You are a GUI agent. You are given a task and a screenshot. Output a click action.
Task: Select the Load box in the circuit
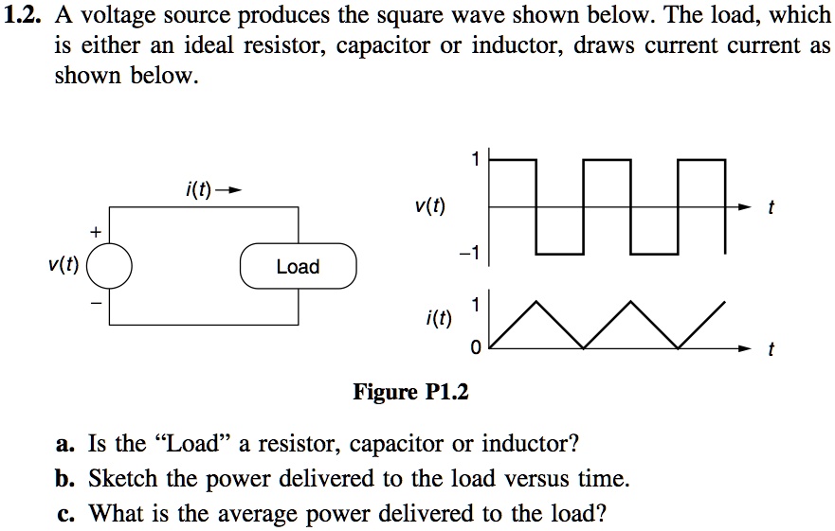(298, 267)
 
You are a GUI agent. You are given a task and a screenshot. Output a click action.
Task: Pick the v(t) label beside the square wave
(430, 206)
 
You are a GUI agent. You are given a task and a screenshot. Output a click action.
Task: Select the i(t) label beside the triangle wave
(437, 324)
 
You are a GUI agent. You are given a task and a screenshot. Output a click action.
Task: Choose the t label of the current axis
(771, 351)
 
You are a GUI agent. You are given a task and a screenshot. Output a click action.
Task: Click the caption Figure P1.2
(411, 391)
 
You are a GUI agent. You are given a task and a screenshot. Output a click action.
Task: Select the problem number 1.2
(24, 15)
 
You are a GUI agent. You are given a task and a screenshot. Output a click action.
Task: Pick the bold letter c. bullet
(64, 515)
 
